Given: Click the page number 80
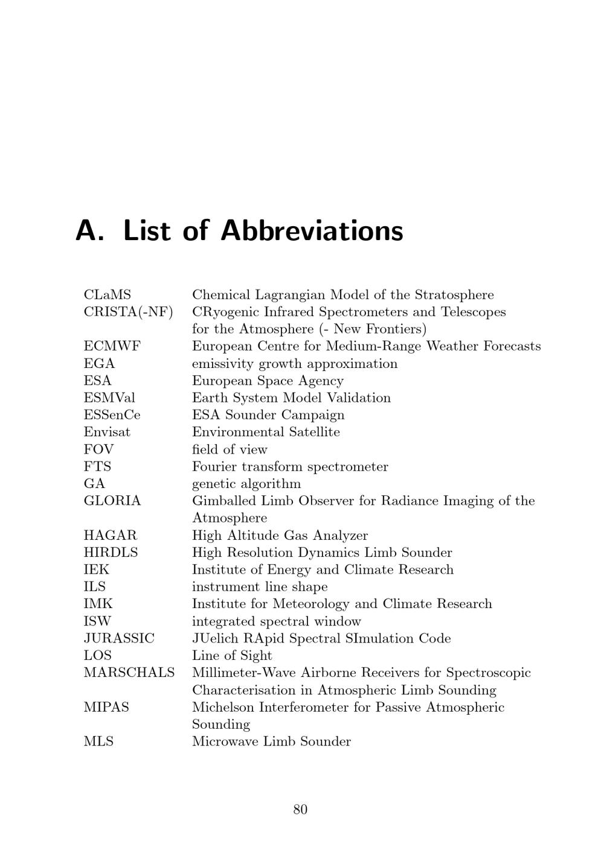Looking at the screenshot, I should (300, 810).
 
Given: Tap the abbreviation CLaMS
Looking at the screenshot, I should (107, 295).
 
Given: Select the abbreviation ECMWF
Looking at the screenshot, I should (112, 346).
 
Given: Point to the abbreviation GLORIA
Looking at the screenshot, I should (112, 501).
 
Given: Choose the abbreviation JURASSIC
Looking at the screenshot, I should (119, 638).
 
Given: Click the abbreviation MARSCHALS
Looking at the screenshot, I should (129, 673).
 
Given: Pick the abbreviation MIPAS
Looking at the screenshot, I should (106, 707).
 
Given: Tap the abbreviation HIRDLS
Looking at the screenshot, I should (111, 553).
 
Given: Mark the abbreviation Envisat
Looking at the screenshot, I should (107, 432).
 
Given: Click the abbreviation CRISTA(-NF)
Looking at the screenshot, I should (128, 312).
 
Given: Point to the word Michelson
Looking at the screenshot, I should (219, 707).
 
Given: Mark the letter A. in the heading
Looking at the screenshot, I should (89, 230).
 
